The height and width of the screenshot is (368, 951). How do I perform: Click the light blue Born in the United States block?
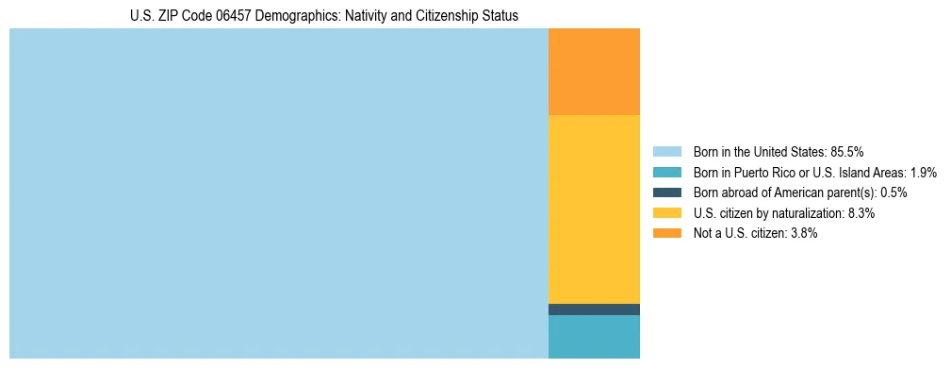tap(278, 193)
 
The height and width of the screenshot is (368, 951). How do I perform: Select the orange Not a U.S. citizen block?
tap(594, 72)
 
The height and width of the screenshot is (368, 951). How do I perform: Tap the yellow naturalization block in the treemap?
tap(594, 209)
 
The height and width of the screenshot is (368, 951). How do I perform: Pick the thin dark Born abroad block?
tap(594, 309)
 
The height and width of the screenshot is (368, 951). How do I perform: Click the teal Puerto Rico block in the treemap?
tap(594, 337)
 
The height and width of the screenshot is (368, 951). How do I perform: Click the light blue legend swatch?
tap(666, 152)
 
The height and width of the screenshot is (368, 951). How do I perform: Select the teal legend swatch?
tap(666, 173)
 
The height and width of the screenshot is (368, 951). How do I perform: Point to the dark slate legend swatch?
tap(666, 192)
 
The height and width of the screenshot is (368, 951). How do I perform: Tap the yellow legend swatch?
tap(666, 213)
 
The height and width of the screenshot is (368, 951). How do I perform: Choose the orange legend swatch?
tap(666, 234)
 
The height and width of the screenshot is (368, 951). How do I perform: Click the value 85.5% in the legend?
tap(847, 152)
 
